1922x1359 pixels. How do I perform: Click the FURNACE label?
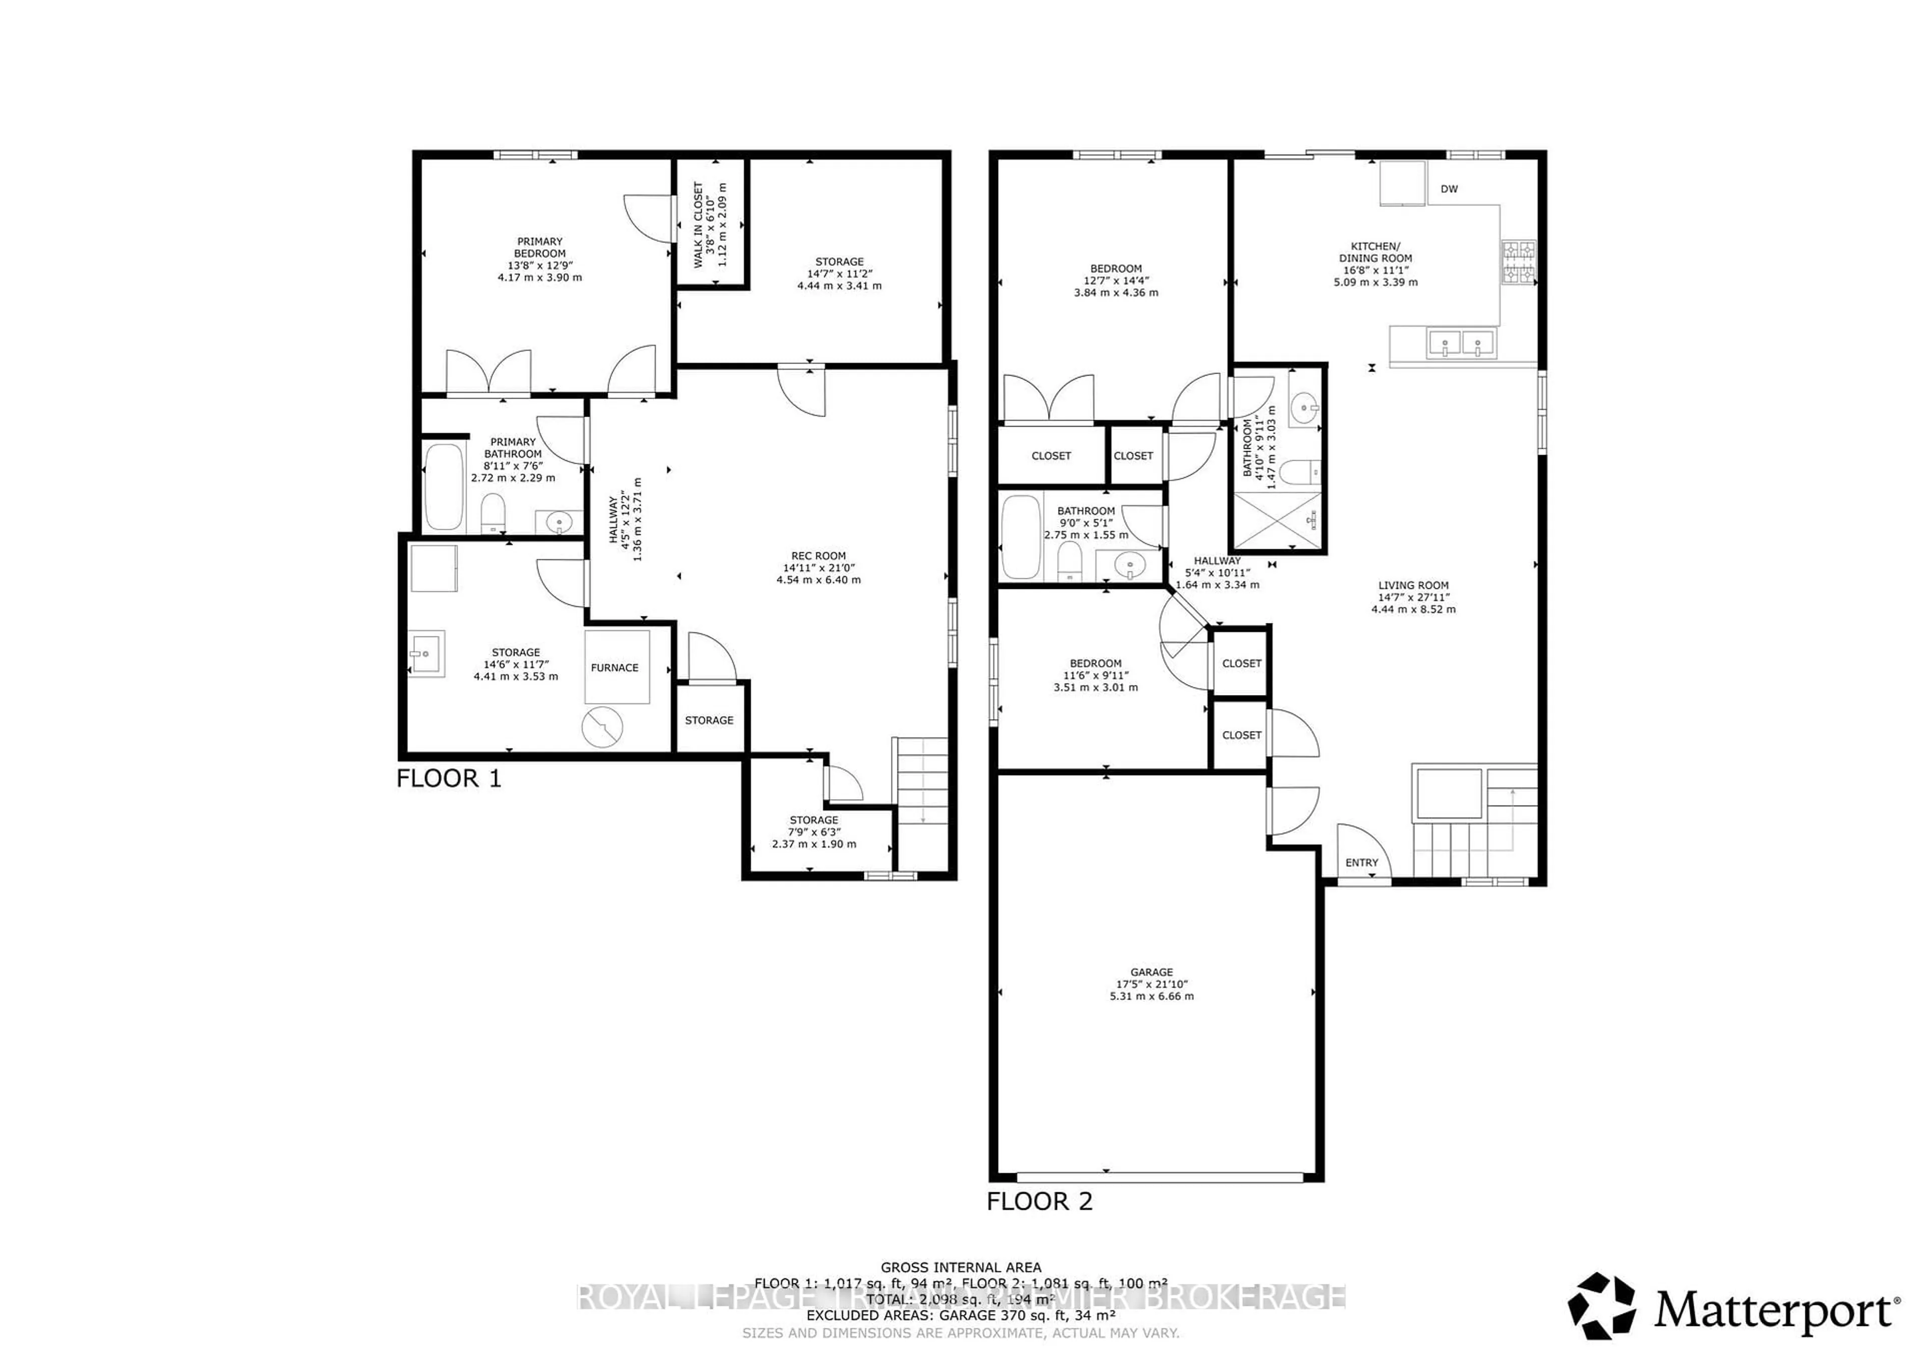[615, 667]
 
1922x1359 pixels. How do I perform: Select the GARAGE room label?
[1151, 972]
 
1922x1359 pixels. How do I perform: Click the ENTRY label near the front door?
[1361, 862]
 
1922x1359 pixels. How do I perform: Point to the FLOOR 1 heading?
[448, 779]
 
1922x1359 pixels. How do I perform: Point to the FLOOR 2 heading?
[1039, 1202]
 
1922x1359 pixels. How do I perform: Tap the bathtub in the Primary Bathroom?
[443, 487]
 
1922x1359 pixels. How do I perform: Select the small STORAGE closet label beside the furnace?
[709, 720]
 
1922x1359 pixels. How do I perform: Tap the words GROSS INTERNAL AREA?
[960, 1268]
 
